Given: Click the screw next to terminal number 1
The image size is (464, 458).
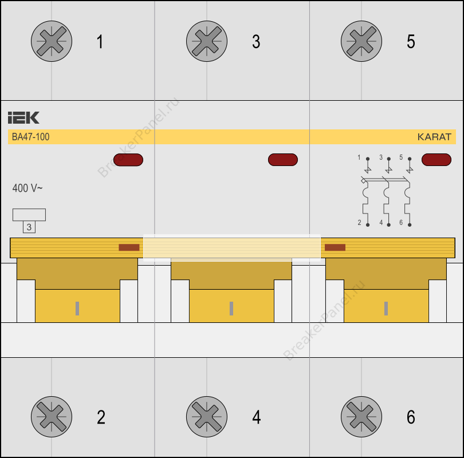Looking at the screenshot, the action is click(52, 41).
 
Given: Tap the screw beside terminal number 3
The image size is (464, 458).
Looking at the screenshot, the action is click(207, 41).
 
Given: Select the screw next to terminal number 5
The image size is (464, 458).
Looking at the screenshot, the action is click(361, 41).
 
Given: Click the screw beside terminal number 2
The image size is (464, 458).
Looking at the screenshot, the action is click(52, 417).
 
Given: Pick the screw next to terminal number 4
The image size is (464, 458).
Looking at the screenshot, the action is click(207, 417).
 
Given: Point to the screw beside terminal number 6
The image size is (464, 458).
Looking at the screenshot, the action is click(361, 417).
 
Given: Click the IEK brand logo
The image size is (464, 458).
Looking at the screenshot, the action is click(23, 118).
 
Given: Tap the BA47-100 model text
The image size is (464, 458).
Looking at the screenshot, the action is click(30, 137).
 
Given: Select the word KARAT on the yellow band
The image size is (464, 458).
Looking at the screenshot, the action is click(434, 137).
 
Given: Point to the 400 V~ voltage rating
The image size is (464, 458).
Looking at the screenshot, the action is click(27, 188).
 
